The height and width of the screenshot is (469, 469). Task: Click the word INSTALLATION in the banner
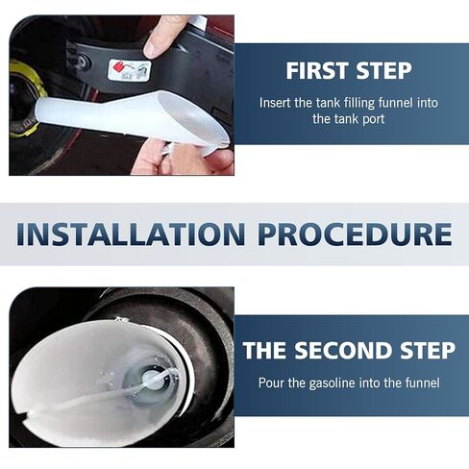pos(131,234)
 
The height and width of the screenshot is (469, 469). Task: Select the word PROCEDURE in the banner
pos(356,234)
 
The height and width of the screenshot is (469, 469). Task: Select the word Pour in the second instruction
pos(271,383)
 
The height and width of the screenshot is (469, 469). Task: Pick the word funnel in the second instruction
pos(423,383)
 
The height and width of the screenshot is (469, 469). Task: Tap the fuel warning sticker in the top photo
pos(129,70)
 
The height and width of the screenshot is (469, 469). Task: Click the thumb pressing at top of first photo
pos(161,37)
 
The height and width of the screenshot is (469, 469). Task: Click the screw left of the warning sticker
pos(85,62)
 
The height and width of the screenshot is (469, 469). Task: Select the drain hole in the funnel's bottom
pos(151,381)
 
